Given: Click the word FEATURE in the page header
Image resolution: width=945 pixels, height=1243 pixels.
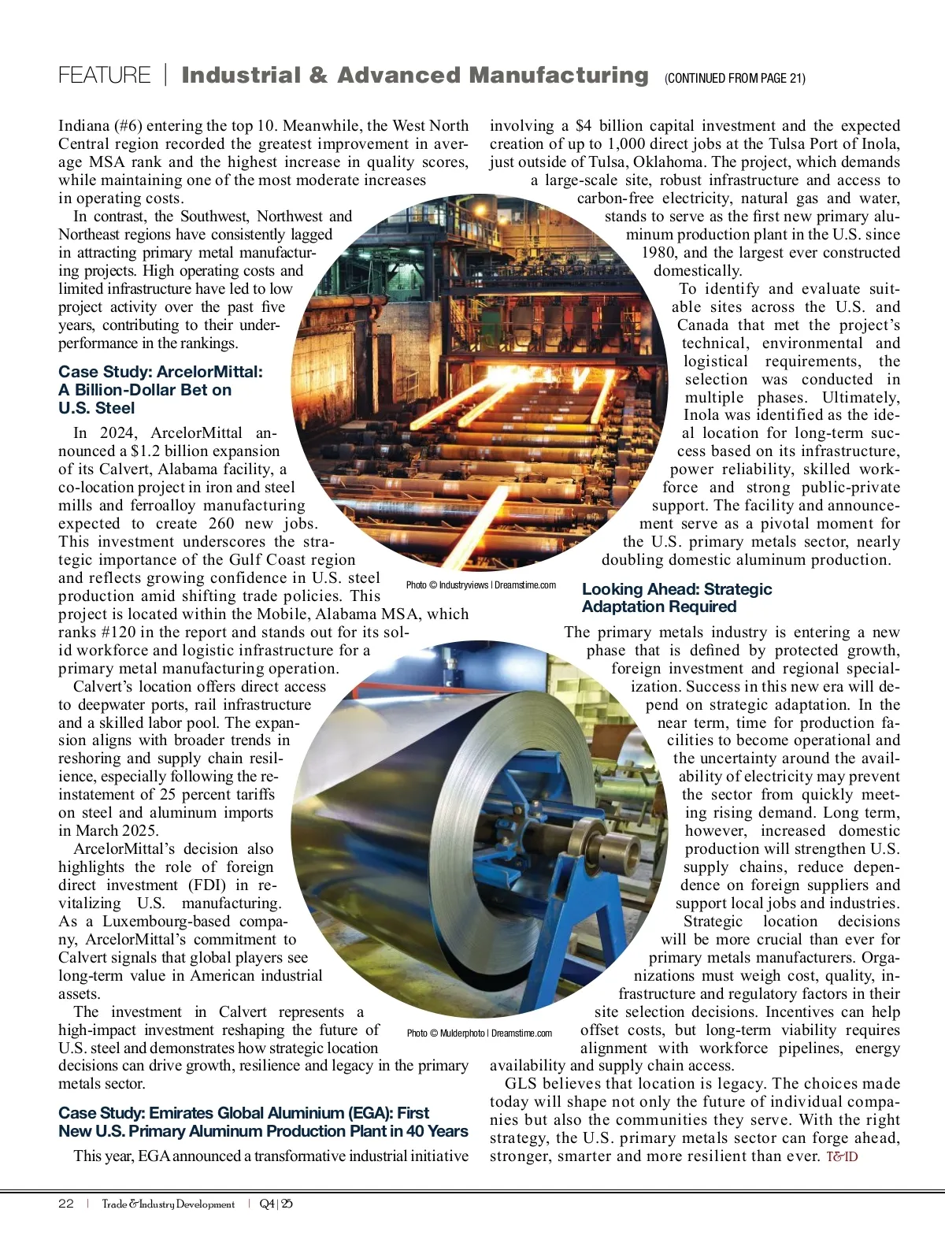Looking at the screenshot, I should (104, 76).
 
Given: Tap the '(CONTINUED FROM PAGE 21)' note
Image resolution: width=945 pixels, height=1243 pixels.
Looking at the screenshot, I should (735, 78).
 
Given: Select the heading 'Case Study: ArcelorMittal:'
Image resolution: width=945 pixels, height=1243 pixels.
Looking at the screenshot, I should (161, 372).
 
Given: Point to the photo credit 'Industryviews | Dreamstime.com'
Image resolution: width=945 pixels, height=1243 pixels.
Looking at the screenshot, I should (481, 585).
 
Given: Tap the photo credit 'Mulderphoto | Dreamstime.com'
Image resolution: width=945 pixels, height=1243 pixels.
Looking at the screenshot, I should (480, 1033).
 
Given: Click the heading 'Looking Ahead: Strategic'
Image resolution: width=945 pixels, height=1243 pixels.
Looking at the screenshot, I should (676, 589).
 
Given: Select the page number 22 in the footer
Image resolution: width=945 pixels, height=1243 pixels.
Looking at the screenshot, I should (66, 1204).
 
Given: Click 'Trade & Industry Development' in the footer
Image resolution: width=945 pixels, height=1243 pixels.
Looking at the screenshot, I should (168, 1204).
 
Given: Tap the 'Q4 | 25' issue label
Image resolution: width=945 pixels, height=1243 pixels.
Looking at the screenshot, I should (276, 1204).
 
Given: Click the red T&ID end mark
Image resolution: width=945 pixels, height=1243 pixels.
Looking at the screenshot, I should (842, 1156).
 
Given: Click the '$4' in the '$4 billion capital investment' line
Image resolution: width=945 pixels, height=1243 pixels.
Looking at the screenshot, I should (584, 126).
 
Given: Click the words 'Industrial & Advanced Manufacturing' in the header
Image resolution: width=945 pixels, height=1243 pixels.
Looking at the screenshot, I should (414, 76).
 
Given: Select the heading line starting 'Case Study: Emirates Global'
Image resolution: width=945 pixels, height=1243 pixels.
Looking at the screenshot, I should (243, 1113).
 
